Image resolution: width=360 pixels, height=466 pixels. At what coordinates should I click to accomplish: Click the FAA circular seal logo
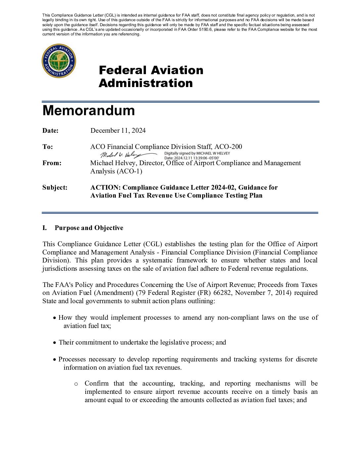click(59, 61)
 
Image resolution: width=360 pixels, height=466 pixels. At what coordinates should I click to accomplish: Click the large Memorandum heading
click(89, 111)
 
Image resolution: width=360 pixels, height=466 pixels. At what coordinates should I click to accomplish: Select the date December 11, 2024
click(118, 131)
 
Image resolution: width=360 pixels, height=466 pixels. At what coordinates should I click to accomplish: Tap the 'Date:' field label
click(50, 131)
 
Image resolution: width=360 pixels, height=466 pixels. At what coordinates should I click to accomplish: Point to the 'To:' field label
click(48, 147)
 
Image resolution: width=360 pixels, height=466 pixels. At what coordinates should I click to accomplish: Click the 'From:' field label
click(52, 163)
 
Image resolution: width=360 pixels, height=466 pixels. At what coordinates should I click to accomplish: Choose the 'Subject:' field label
click(55, 188)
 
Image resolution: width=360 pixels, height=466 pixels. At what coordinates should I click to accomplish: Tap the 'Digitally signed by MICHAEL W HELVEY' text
click(197, 153)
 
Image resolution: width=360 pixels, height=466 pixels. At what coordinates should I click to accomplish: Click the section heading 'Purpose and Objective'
click(89, 228)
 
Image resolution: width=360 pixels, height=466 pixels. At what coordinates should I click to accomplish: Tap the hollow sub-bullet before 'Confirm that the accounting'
click(76, 384)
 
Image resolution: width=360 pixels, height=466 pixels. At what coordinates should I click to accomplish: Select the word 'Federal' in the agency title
click(122, 70)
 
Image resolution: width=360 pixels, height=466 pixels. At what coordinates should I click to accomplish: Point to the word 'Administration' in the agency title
click(146, 83)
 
